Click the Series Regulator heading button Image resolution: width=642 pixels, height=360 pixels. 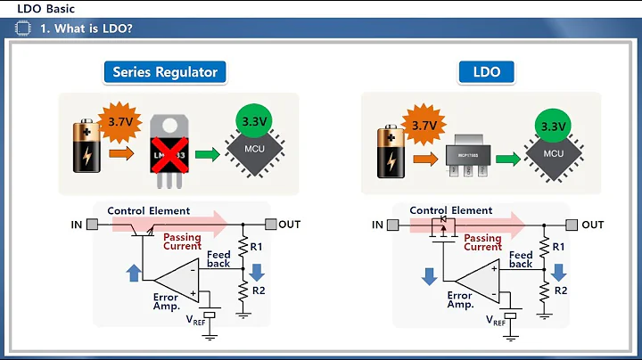[165, 72]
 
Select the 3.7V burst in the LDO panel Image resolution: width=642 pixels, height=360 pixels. [421, 126]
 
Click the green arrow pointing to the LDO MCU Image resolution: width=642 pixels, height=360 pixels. [509, 160]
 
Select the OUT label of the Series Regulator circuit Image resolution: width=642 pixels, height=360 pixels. [289, 224]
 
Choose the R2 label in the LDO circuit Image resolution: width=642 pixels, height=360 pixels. [560, 291]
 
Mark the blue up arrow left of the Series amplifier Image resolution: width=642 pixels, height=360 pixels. [135, 272]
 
